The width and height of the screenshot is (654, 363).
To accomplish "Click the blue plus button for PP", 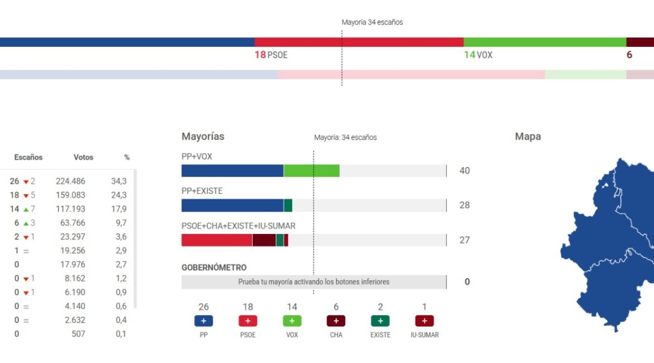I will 203,321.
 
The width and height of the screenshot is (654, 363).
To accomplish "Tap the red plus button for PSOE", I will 248,321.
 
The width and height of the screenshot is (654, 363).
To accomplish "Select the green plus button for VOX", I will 292,321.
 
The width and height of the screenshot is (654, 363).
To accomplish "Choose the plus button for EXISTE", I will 380,321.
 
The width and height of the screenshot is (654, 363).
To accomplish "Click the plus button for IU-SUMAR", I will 424,321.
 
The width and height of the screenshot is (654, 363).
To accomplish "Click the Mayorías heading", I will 203,136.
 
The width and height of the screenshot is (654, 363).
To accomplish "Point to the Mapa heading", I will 528,136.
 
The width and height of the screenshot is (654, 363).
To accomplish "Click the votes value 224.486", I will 70,181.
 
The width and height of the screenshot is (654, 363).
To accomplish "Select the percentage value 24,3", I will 119,195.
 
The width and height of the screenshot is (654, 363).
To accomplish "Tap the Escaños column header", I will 29,157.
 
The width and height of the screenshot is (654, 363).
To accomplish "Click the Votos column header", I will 83,157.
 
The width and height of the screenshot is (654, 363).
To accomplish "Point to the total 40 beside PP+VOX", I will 465,171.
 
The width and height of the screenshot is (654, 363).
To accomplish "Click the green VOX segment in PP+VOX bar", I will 311,171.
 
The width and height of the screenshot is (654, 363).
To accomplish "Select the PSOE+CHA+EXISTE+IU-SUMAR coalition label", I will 239,226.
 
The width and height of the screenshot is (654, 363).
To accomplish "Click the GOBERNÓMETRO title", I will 214,268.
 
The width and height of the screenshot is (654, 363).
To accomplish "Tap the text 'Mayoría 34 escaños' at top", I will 372,22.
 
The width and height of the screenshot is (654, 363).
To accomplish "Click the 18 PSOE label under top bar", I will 271,55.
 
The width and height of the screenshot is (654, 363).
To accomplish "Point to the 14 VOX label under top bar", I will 478,55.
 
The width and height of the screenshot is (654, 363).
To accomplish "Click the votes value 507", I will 78,334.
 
